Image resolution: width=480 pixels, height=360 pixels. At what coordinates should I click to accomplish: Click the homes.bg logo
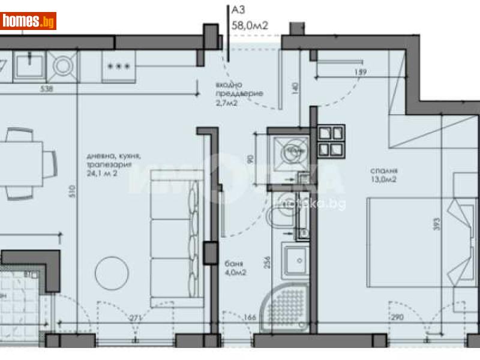(x=28, y=21)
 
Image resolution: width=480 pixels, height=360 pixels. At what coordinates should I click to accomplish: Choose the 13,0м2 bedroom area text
(x=383, y=178)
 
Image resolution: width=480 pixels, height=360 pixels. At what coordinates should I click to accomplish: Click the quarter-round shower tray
(x=289, y=307)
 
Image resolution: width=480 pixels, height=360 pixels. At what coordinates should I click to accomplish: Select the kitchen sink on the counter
(x=30, y=64)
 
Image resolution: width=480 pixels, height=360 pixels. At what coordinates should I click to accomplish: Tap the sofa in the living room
(x=174, y=237)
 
